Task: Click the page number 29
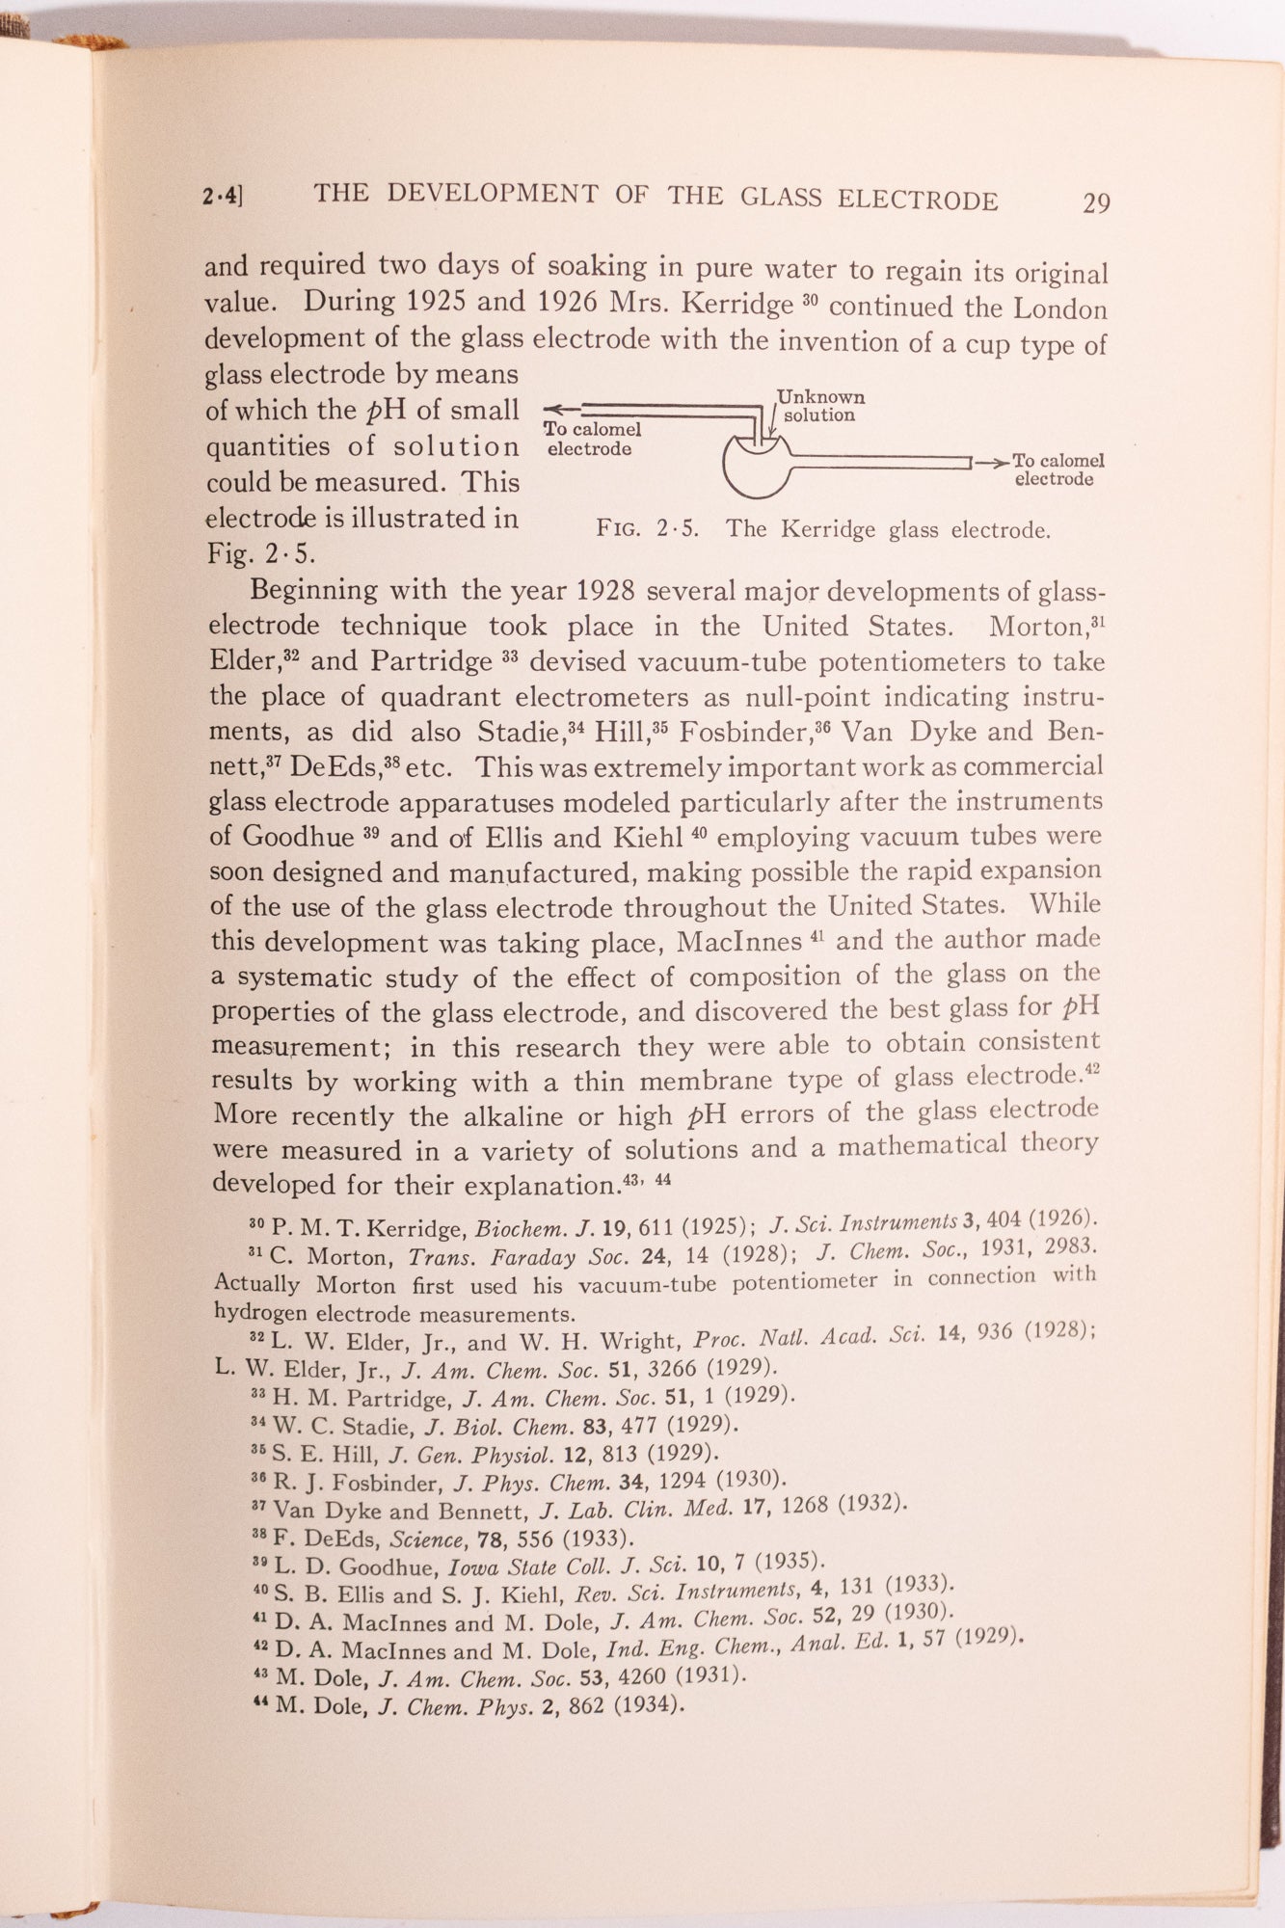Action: point(1096,202)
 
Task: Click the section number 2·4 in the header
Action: point(221,197)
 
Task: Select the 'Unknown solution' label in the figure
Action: point(820,406)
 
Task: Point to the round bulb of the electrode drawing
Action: point(758,469)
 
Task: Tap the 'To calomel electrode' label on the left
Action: point(590,439)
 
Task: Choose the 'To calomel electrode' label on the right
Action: point(1057,469)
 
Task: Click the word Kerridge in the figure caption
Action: point(830,529)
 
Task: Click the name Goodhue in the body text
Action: point(298,836)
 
